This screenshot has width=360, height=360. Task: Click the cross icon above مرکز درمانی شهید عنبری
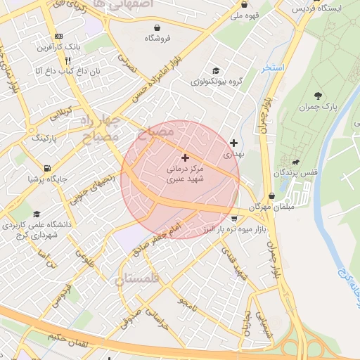pyautogui.click(x=185, y=157)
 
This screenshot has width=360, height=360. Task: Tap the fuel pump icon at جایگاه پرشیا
pyautogui.click(x=46, y=168)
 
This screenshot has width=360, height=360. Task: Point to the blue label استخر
pyautogui.click(x=271, y=68)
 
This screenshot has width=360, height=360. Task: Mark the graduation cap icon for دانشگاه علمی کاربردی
pyautogui.click(x=35, y=214)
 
